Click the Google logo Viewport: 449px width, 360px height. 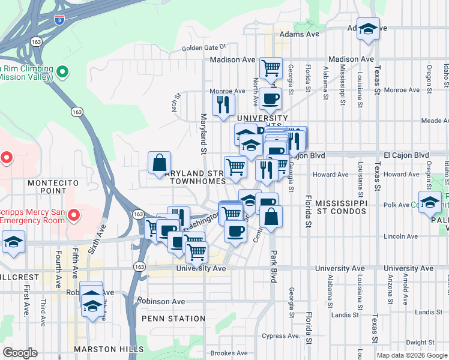pos(20,353)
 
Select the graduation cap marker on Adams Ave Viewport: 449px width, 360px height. pos(368,29)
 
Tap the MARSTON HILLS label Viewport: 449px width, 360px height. pos(109,349)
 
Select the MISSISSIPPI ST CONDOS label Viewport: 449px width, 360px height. pos(341,208)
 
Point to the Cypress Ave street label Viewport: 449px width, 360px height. pos(280,335)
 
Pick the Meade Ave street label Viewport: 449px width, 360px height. pos(435,121)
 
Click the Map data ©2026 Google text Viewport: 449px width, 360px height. pos(412,355)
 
